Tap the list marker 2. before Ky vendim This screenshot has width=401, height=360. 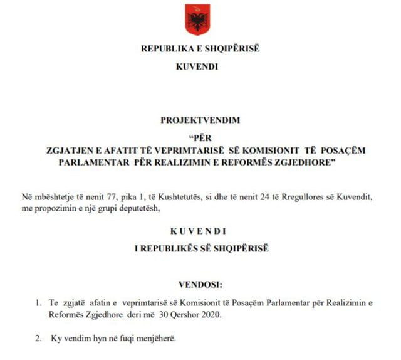38,339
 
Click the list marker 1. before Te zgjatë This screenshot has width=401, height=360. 38,303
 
